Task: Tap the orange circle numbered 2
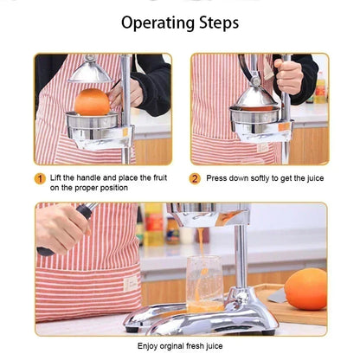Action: [196, 178]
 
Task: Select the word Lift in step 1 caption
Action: [56, 178]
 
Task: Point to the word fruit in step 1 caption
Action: [159, 178]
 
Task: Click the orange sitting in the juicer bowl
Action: [92, 102]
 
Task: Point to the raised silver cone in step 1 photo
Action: [90, 71]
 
